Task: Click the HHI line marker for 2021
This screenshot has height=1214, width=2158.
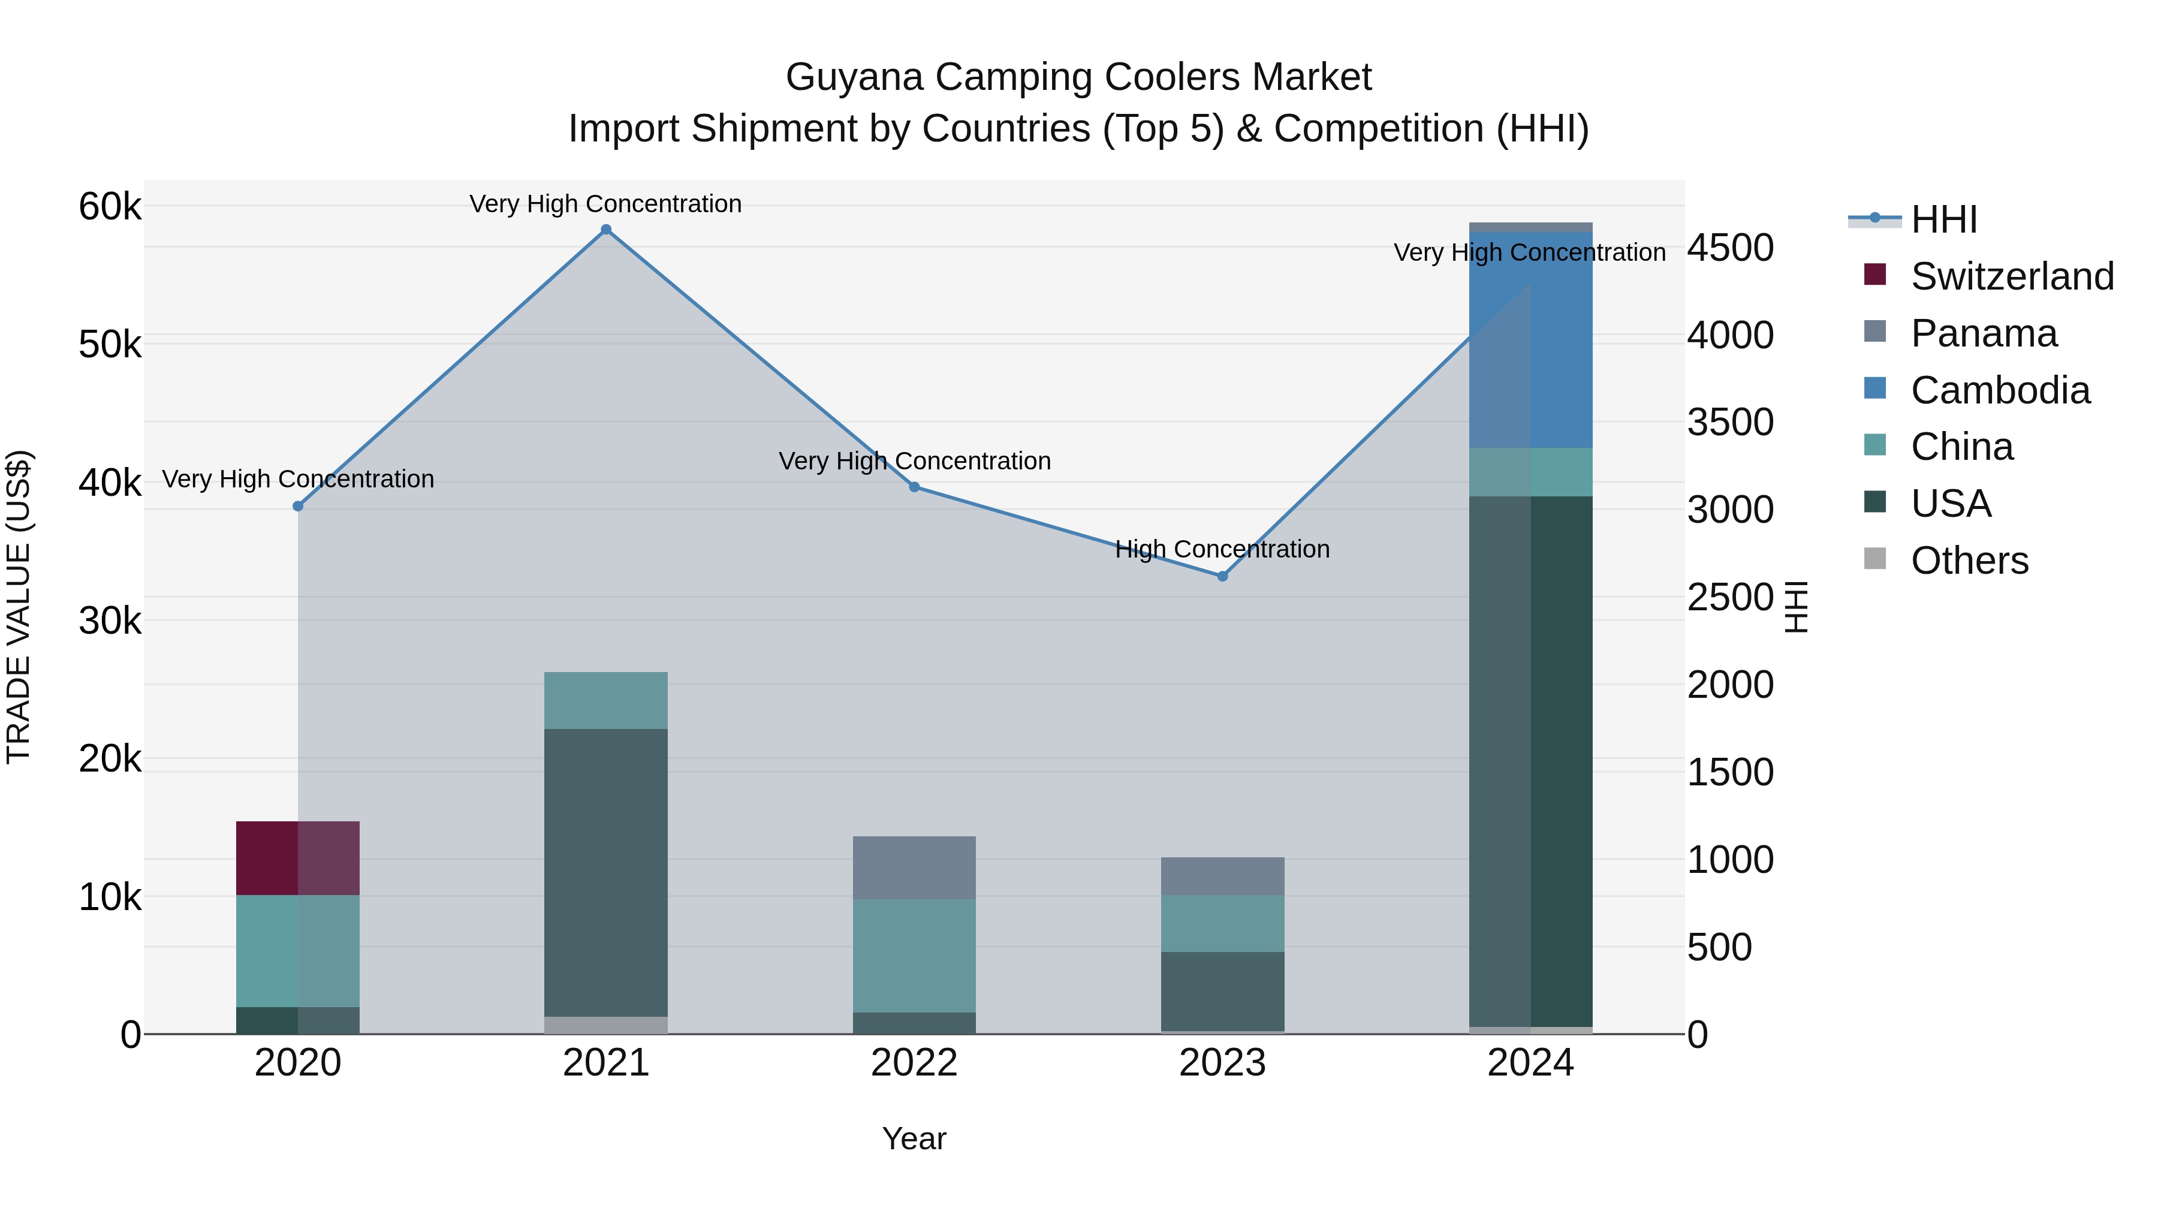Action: (x=605, y=230)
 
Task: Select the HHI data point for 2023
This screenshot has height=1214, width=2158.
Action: (x=1222, y=576)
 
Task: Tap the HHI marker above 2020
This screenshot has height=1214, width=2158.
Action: (x=299, y=506)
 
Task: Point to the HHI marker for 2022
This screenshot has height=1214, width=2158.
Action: (x=914, y=487)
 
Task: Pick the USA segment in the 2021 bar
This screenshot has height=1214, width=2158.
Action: (x=605, y=871)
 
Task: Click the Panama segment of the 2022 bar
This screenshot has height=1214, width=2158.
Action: (x=914, y=867)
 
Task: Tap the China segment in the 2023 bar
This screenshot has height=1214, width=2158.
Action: (x=1222, y=923)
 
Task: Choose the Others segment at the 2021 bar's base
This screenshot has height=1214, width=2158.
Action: (x=605, y=1025)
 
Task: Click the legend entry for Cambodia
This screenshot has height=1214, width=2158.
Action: (x=2000, y=390)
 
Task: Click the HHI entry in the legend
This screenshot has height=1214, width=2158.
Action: (x=1943, y=219)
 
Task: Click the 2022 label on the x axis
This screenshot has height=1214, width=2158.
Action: (x=914, y=1063)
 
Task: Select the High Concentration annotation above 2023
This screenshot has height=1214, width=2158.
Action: (x=1222, y=550)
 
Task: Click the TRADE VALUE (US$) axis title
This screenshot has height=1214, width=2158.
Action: (x=19, y=607)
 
